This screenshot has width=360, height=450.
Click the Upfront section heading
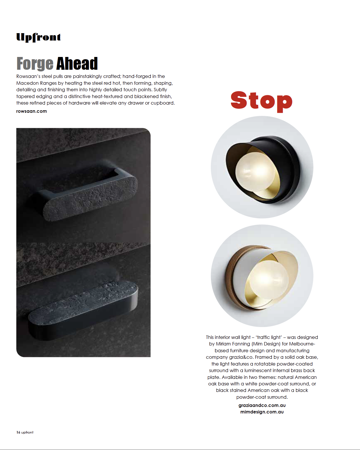click(x=39, y=37)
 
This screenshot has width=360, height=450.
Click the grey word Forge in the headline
click(x=35, y=64)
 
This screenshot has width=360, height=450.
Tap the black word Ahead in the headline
click(x=77, y=63)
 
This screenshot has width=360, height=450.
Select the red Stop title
click(x=261, y=102)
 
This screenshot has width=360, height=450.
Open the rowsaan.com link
click(x=31, y=111)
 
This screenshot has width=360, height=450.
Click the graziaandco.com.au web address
click(x=262, y=405)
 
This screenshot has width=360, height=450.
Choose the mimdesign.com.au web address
click(x=262, y=412)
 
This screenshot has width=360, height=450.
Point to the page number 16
click(x=18, y=432)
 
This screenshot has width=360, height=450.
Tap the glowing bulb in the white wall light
click(x=269, y=279)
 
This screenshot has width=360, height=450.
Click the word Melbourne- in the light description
click(x=302, y=344)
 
